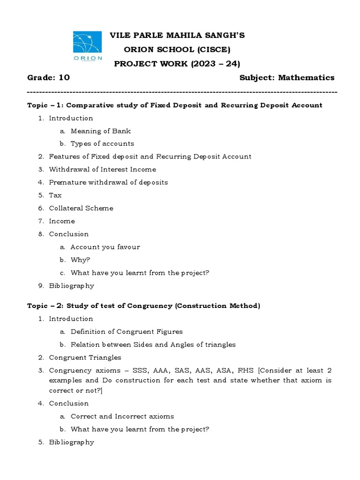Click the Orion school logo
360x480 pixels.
point(88,45)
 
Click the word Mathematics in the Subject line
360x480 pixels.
point(306,78)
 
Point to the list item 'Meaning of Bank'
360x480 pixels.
point(101,131)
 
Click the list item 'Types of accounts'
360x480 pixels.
point(102,144)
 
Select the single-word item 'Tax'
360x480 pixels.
point(55,195)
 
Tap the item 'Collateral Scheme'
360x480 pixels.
point(81,208)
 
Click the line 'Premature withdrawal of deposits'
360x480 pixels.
point(108,182)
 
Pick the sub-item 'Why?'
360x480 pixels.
point(80,260)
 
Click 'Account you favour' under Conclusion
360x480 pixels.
point(105,247)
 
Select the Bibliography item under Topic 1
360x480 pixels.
point(71,285)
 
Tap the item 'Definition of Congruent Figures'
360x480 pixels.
point(127,331)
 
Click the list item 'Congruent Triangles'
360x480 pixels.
point(85,358)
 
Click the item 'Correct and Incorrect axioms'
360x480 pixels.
point(122,416)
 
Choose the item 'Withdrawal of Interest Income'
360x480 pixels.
point(103,169)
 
